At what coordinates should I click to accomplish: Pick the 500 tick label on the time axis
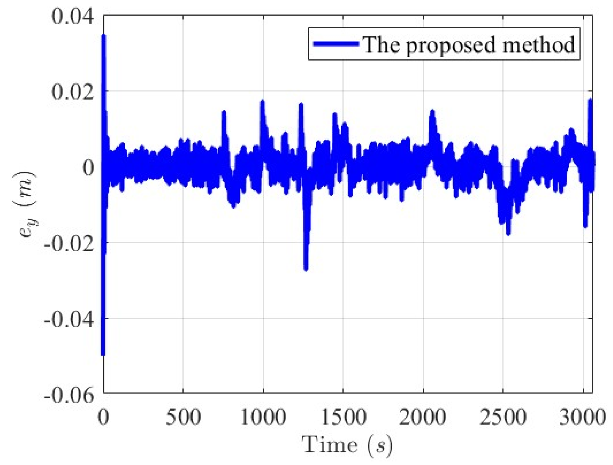coord(183,417)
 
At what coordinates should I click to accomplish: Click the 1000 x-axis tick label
coord(263,417)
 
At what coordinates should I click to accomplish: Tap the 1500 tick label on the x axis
coord(344,417)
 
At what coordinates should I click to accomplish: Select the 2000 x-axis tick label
coord(423,417)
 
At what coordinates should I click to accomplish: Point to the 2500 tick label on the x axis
coord(503,417)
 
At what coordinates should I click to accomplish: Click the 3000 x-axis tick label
coord(581,417)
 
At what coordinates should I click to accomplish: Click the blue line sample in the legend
coord(336,44)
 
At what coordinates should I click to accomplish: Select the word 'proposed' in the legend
coord(449,45)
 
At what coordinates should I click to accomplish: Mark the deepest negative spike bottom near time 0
coord(103,354)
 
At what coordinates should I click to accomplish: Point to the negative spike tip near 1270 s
coord(306,269)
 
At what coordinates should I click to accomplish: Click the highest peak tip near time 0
coord(103,36)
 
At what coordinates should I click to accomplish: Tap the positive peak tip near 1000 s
coord(263,101)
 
